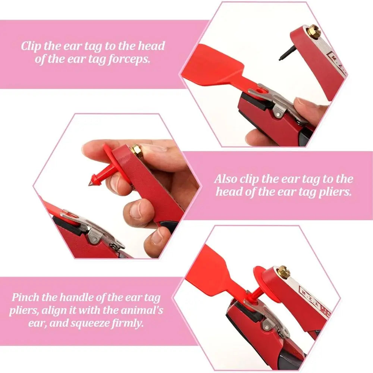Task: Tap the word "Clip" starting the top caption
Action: (x=31, y=46)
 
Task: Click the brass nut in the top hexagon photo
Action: (x=314, y=32)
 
